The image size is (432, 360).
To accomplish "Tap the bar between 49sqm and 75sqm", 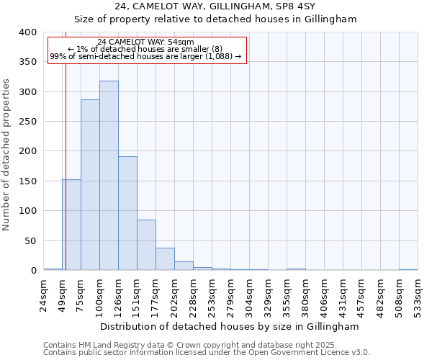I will [x=71, y=225].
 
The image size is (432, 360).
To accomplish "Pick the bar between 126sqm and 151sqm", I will [x=127, y=213].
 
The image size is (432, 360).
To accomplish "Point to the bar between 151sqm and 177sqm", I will [x=146, y=245].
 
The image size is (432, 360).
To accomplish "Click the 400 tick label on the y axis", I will [x=27, y=32].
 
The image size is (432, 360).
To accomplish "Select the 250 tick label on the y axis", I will [x=27, y=122].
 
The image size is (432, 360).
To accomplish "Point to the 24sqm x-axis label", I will [x=43, y=295].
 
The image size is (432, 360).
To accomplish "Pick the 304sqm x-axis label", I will [x=249, y=295].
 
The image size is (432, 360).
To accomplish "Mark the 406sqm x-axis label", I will [x=324, y=295].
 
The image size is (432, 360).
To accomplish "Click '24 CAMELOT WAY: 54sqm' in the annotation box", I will [x=146, y=42].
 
